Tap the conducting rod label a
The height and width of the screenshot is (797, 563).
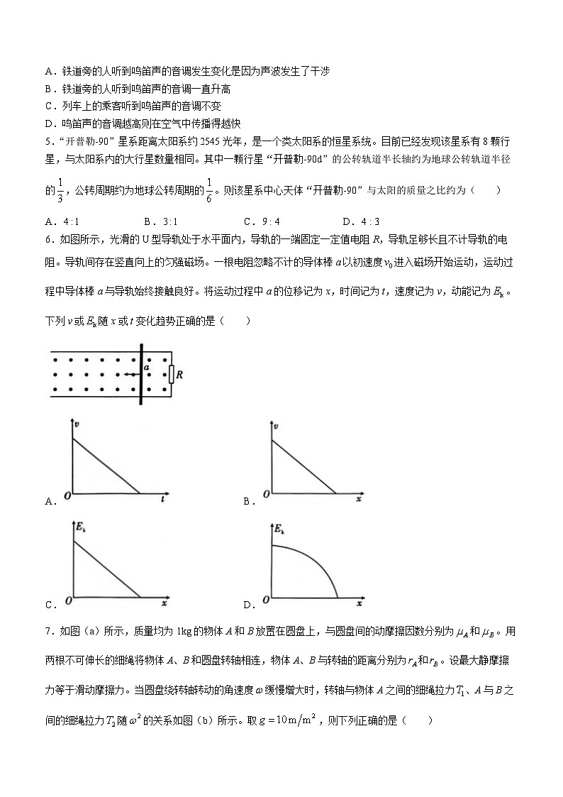pyautogui.click(x=147, y=368)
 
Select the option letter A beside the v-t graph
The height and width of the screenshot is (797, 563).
pyautogui.click(x=49, y=502)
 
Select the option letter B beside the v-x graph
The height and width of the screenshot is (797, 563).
pyautogui.click(x=247, y=502)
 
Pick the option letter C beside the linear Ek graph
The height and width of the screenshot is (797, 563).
pyautogui.click(x=49, y=605)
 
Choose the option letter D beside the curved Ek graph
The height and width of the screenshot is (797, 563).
pyautogui.click(x=247, y=605)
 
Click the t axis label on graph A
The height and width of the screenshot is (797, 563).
pyautogui.click(x=163, y=500)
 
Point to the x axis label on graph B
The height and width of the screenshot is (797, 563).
pyautogui.click(x=359, y=500)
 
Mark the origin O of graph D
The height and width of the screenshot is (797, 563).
pyautogui.click(x=265, y=600)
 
